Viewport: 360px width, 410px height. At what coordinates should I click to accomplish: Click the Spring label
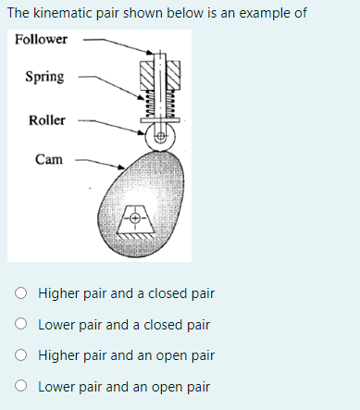click(44, 76)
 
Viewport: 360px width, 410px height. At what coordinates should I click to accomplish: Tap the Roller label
click(46, 120)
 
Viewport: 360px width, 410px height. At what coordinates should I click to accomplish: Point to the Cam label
click(48, 159)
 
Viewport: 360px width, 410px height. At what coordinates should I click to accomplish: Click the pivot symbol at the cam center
click(135, 219)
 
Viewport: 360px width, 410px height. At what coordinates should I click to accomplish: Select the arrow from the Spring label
click(108, 83)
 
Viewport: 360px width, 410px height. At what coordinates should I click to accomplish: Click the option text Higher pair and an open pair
click(126, 355)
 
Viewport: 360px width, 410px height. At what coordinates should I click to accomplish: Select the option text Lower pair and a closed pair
click(124, 325)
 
